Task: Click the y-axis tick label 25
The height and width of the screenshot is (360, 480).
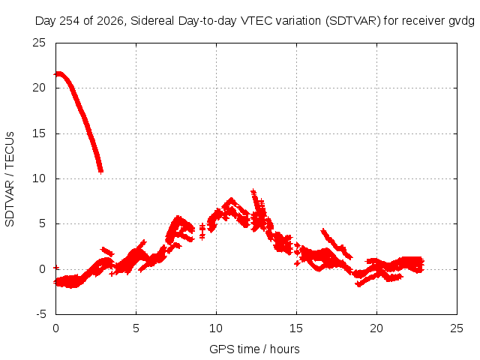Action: point(39,43)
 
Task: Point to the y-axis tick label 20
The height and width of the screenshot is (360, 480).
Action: point(39,88)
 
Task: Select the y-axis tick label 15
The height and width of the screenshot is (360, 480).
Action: point(39,133)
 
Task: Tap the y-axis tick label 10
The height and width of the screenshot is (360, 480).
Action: point(39,178)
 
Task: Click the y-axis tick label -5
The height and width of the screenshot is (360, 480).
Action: point(40,314)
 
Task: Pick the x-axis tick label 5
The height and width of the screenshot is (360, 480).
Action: point(136,328)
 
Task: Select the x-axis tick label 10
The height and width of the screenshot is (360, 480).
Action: point(216,328)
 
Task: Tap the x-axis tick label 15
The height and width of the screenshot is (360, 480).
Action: point(296,328)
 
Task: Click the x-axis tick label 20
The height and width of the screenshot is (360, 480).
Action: point(376,328)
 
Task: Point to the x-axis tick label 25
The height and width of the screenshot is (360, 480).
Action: point(457,328)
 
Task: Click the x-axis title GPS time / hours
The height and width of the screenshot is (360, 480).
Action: point(254,349)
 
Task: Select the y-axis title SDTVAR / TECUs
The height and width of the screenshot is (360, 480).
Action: point(10,179)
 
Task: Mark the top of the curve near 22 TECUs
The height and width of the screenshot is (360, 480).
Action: point(58,73)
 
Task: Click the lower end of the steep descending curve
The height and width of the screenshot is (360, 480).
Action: point(100,171)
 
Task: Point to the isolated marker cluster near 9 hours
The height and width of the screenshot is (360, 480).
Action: point(202,231)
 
